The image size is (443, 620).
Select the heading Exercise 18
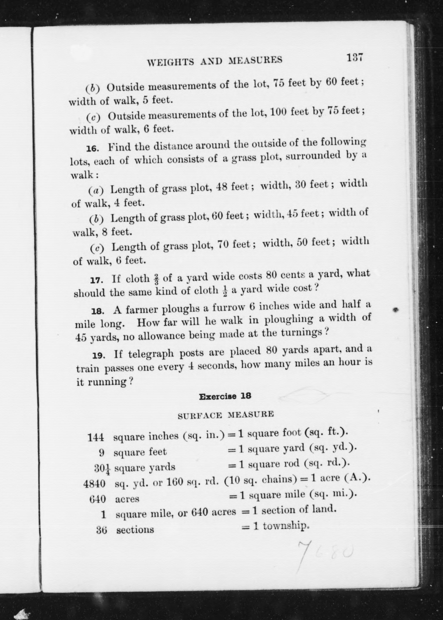(x=225, y=396)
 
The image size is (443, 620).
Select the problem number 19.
(x=99, y=356)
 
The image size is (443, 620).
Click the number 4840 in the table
(x=94, y=484)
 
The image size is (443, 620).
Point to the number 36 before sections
(x=101, y=529)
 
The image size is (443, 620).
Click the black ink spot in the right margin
(x=396, y=310)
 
